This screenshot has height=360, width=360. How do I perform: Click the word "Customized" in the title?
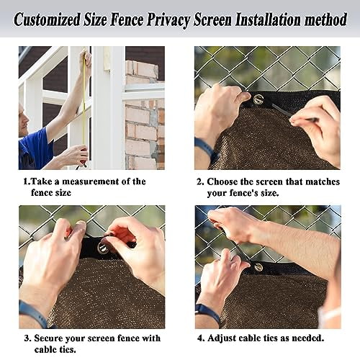tap(52, 18)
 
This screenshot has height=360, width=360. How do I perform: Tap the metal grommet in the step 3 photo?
tap(102, 248)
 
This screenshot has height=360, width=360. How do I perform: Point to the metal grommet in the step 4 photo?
tap(258, 267)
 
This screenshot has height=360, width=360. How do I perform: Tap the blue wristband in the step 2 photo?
tap(206, 149)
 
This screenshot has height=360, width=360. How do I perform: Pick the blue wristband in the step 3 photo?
tap(32, 314)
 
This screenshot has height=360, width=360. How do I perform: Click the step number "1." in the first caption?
tap(27, 181)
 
